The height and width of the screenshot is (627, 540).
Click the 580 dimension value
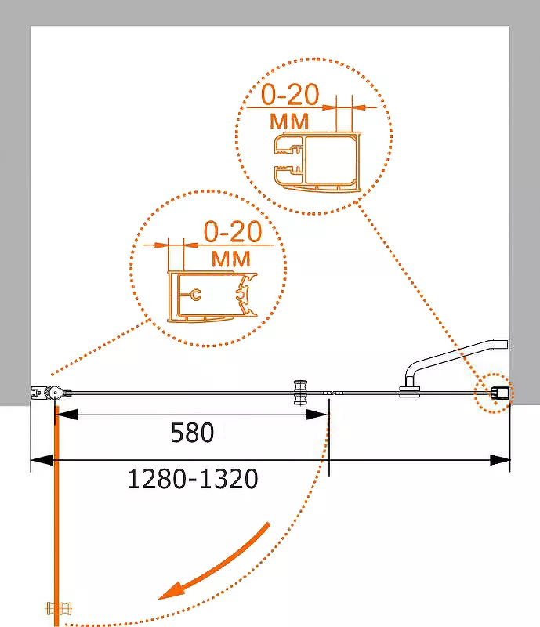pos(192,433)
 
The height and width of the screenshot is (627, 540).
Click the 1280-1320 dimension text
pos(193,479)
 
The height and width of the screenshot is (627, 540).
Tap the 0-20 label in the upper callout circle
pos(291,95)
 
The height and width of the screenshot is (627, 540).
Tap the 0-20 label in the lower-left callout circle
pos(233,231)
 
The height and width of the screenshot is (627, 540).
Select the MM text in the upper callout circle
pos(289,121)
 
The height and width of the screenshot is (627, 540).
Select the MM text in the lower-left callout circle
pos(231,259)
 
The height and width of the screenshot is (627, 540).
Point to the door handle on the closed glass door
pos(300,393)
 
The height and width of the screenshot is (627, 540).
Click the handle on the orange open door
pos(60,609)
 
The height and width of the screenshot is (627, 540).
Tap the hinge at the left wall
pos(51,393)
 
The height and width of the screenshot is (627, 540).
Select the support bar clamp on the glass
pos(410,391)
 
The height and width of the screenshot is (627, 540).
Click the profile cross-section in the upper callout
pos(317,163)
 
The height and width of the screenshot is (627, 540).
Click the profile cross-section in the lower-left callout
pos(212,297)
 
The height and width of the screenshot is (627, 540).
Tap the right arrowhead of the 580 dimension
pos(317,415)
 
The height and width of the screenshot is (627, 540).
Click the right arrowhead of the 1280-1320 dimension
pos(499,460)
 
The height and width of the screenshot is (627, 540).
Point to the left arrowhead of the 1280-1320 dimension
pos(42,460)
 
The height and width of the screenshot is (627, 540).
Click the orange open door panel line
pos(56,516)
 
